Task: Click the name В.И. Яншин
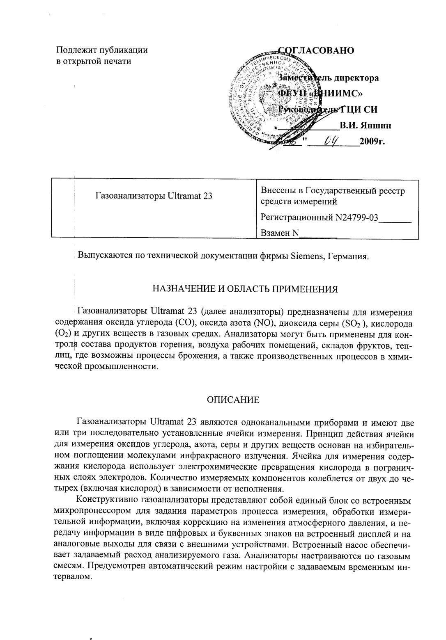click(366, 126)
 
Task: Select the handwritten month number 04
click(331, 142)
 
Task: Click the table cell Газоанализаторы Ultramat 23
click(154, 196)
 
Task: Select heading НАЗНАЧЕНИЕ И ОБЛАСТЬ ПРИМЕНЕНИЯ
click(245, 288)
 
